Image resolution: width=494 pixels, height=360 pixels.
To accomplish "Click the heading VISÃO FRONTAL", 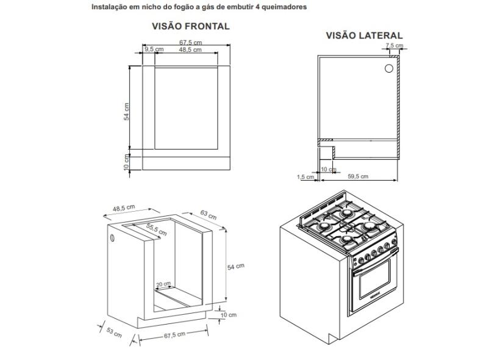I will pyautogui.click(x=190, y=26).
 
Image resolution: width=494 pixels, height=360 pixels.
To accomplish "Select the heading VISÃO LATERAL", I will pyautogui.click(x=364, y=36).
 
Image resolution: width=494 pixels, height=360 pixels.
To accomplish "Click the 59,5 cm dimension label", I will pyautogui.click(x=358, y=176).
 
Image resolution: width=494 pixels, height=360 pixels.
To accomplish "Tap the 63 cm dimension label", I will pyautogui.click(x=208, y=215).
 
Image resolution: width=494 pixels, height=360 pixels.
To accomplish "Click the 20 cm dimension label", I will pyautogui.click(x=163, y=284).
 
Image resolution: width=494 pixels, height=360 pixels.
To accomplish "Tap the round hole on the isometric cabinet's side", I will pyautogui.click(x=112, y=238).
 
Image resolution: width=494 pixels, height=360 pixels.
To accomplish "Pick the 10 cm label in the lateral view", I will pyautogui.click(x=328, y=169).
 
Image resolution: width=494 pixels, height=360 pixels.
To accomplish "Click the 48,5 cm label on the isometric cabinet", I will pyautogui.click(x=124, y=208).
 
